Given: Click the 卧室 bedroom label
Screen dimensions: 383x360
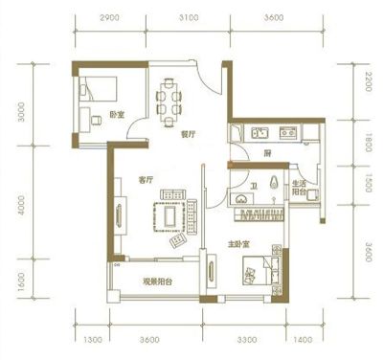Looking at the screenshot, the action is pos(117,115).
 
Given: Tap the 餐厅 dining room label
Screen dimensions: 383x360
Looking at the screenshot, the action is pos(189,135).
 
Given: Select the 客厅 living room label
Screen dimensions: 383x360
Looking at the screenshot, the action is pos(146,180).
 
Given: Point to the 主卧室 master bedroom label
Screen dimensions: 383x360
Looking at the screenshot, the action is pos(238,244).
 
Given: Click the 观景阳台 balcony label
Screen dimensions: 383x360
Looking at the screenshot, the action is pos(157,281).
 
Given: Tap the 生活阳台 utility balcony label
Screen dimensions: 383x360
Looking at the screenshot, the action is pos(300,189).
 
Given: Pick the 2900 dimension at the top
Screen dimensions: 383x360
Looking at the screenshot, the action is pos(109,17).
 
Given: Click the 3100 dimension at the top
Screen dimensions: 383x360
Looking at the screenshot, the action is pos(189,17).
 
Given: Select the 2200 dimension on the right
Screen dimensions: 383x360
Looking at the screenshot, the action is pos(368,82).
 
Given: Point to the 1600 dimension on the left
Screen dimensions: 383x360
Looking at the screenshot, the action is pos(21,282).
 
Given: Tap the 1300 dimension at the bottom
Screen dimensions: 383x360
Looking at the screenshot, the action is pos(93,340).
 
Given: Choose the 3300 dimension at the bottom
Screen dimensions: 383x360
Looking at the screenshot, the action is pos(247,340).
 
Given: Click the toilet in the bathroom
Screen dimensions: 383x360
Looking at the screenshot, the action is pos(274,182).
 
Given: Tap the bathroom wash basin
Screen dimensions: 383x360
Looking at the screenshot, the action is pos(240,199).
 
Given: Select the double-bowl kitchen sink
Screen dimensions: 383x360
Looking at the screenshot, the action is pos(260,132).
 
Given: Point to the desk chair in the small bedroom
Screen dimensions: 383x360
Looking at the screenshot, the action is pos(97,121).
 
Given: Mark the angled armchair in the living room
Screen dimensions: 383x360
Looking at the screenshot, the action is pos(178,240).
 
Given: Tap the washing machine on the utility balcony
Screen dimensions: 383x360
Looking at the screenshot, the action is pos(312,194).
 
